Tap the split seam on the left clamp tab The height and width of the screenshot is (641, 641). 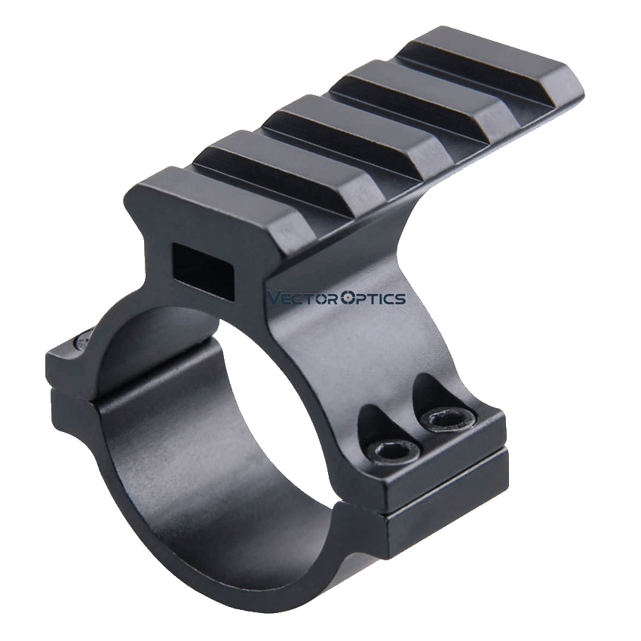click(x=72, y=386)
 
